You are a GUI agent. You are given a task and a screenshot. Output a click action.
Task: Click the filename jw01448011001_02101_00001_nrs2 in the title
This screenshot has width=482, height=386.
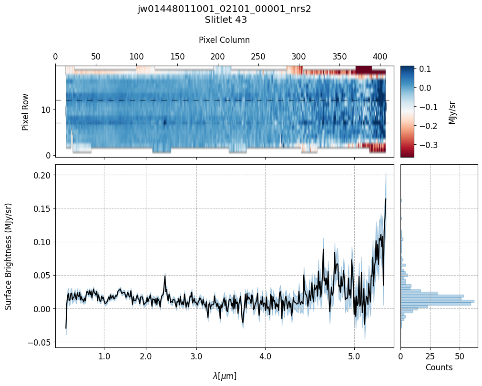click(224, 9)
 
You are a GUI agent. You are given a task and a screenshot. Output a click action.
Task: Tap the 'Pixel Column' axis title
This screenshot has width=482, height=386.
click(224, 40)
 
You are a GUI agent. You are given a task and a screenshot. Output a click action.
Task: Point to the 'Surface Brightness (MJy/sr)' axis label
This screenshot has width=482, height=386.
click(9, 256)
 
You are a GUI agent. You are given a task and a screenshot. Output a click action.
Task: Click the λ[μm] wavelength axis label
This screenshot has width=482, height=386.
click(224, 376)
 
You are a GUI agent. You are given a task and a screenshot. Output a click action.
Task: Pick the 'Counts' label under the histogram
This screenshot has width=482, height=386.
click(439, 367)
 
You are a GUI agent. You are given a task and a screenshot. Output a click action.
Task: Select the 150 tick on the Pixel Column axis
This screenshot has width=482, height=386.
click(177, 57)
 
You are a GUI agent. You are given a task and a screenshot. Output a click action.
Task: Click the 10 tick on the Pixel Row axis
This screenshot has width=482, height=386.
click(47, 110)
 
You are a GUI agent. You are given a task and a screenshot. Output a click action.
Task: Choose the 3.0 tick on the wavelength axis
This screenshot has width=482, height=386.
click(196, 356)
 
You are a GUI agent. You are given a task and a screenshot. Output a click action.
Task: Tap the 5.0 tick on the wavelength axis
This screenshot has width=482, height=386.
click(354, 356)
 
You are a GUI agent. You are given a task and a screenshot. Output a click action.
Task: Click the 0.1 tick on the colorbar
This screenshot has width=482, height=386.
click(425, 69)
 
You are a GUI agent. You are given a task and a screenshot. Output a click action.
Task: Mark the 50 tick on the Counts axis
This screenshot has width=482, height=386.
click(460, 356)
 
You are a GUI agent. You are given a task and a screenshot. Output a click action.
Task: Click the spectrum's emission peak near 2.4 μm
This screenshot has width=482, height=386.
click(165, 276)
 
